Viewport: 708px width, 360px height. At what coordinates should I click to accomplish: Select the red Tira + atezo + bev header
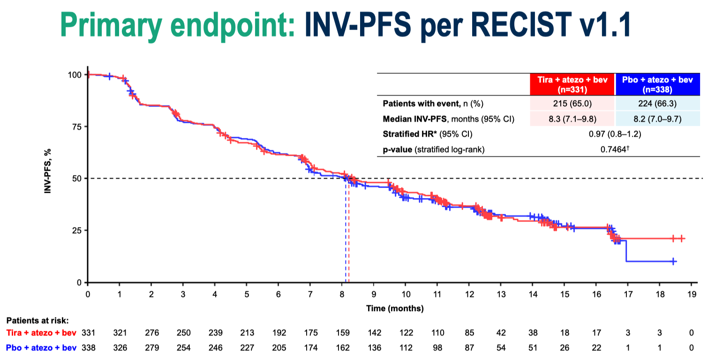click(572, 84)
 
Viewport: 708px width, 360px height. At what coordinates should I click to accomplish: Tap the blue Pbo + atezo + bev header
click(657, 84)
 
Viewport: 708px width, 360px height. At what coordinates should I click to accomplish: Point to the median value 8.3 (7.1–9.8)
click(572, 119)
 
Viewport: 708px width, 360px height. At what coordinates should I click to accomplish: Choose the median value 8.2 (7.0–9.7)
click(657, 119)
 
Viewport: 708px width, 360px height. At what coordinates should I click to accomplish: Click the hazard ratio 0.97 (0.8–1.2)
click(615, 135)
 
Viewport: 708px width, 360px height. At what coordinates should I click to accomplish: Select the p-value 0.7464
click(615, 150)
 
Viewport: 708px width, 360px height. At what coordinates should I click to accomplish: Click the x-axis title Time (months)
click(395, 308)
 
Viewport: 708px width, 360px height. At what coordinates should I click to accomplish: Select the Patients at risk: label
click(37, 321)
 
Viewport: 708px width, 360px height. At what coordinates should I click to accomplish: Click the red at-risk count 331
click(88, 333)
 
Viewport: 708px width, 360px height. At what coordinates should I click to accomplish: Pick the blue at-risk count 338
click(88, 347)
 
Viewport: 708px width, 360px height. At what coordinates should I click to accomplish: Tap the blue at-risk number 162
click(342, 347)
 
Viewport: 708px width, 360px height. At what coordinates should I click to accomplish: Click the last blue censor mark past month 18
click(673, 261)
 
